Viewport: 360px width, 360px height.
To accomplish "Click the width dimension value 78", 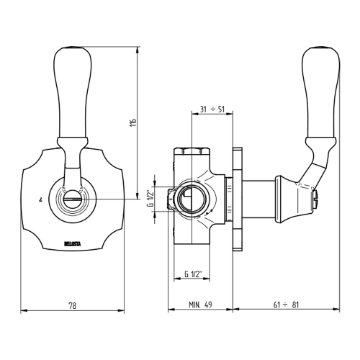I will coord(72,305).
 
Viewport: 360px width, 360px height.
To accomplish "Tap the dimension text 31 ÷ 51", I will coord(212,109).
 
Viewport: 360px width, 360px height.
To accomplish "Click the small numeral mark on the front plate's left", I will coord(40,197).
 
